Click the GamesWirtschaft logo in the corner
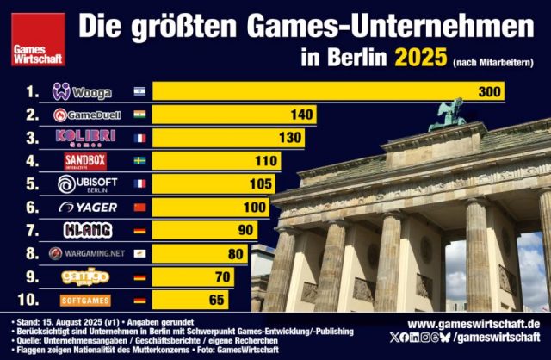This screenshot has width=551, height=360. pyautogui.click(x=33, y=47)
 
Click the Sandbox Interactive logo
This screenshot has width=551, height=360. pyautogui.click(x=86, y=161)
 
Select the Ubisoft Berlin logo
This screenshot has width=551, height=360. pyautogui.click(x=86, y=183)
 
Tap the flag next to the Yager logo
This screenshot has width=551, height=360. pyautogui.click(x=139, y=207)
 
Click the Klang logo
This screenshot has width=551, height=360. pyautogui.click(x=86, y=230)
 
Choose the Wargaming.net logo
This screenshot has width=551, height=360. pyautogui.click(x=86, y=253)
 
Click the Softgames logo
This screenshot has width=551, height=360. pyautogui.click(x=86, y=300)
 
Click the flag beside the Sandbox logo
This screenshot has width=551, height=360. pyautogui.click(x=139, y=161)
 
